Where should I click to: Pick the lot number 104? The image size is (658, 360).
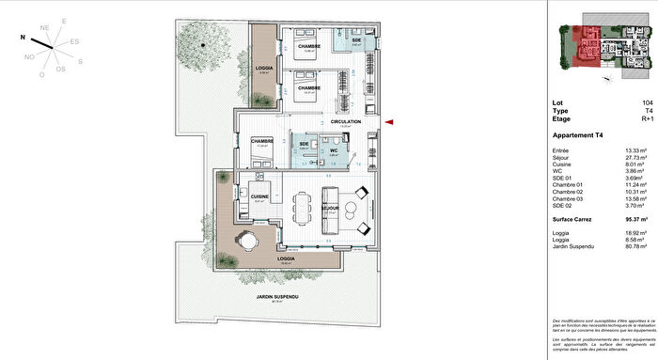pyautogui.click(x=648, y=104)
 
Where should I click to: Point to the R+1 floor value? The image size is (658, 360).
pyautogui.click(x=647, y=119)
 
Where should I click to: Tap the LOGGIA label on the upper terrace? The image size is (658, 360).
pyautogui.click(x=264, y=69)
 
